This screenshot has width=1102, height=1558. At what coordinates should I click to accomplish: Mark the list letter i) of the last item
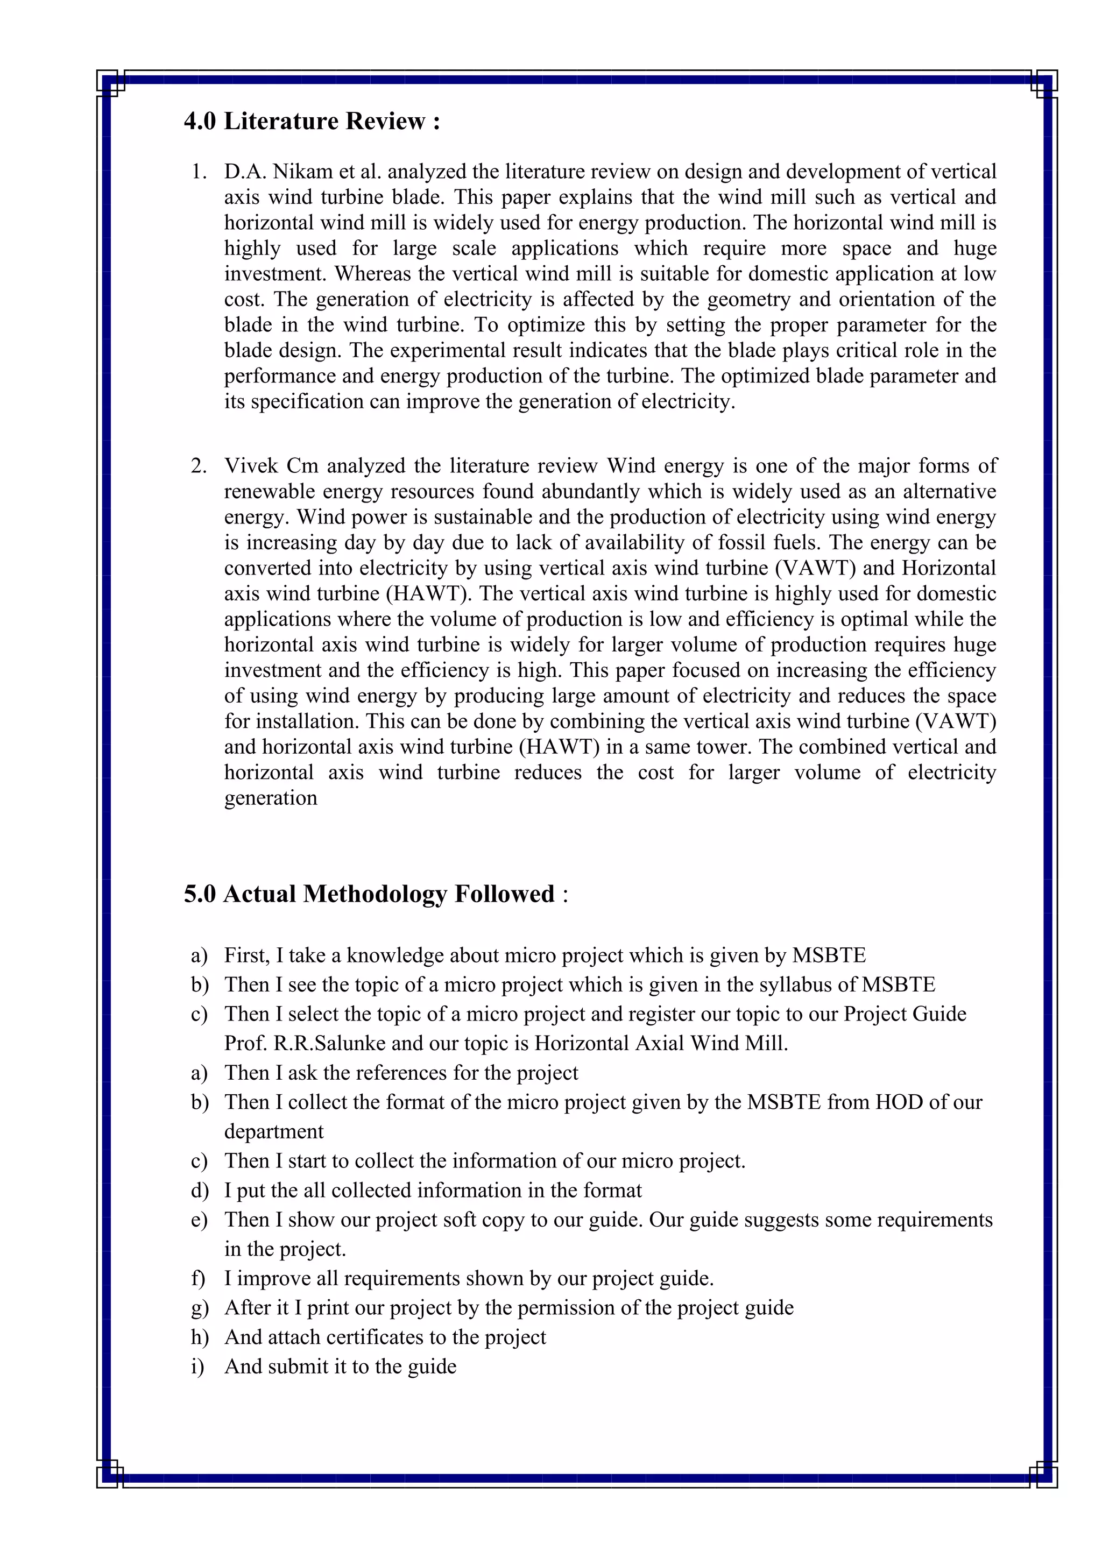197,1366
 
